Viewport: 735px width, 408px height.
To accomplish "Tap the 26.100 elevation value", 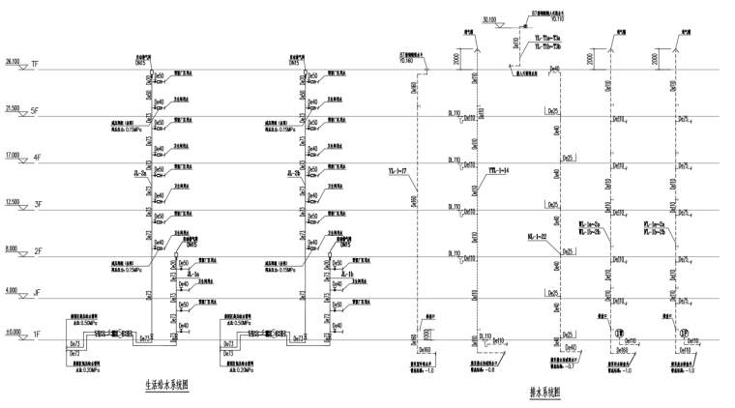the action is (x=13, y=62).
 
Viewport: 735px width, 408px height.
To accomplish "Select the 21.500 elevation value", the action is (x=13, y=107).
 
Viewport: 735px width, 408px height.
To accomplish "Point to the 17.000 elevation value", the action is (x=13, y=153).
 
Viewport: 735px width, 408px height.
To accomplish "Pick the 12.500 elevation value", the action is (x=13, y=200).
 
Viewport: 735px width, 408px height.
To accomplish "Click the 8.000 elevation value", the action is (x=11, y=247).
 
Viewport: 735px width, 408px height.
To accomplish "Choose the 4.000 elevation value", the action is (x=11, y=290).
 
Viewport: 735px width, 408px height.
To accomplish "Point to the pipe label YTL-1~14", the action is (x=498, y=170).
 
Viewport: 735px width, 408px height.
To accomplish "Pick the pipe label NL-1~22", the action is (x=538, y=236).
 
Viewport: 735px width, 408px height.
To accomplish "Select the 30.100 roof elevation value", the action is (x=487, y=17).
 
